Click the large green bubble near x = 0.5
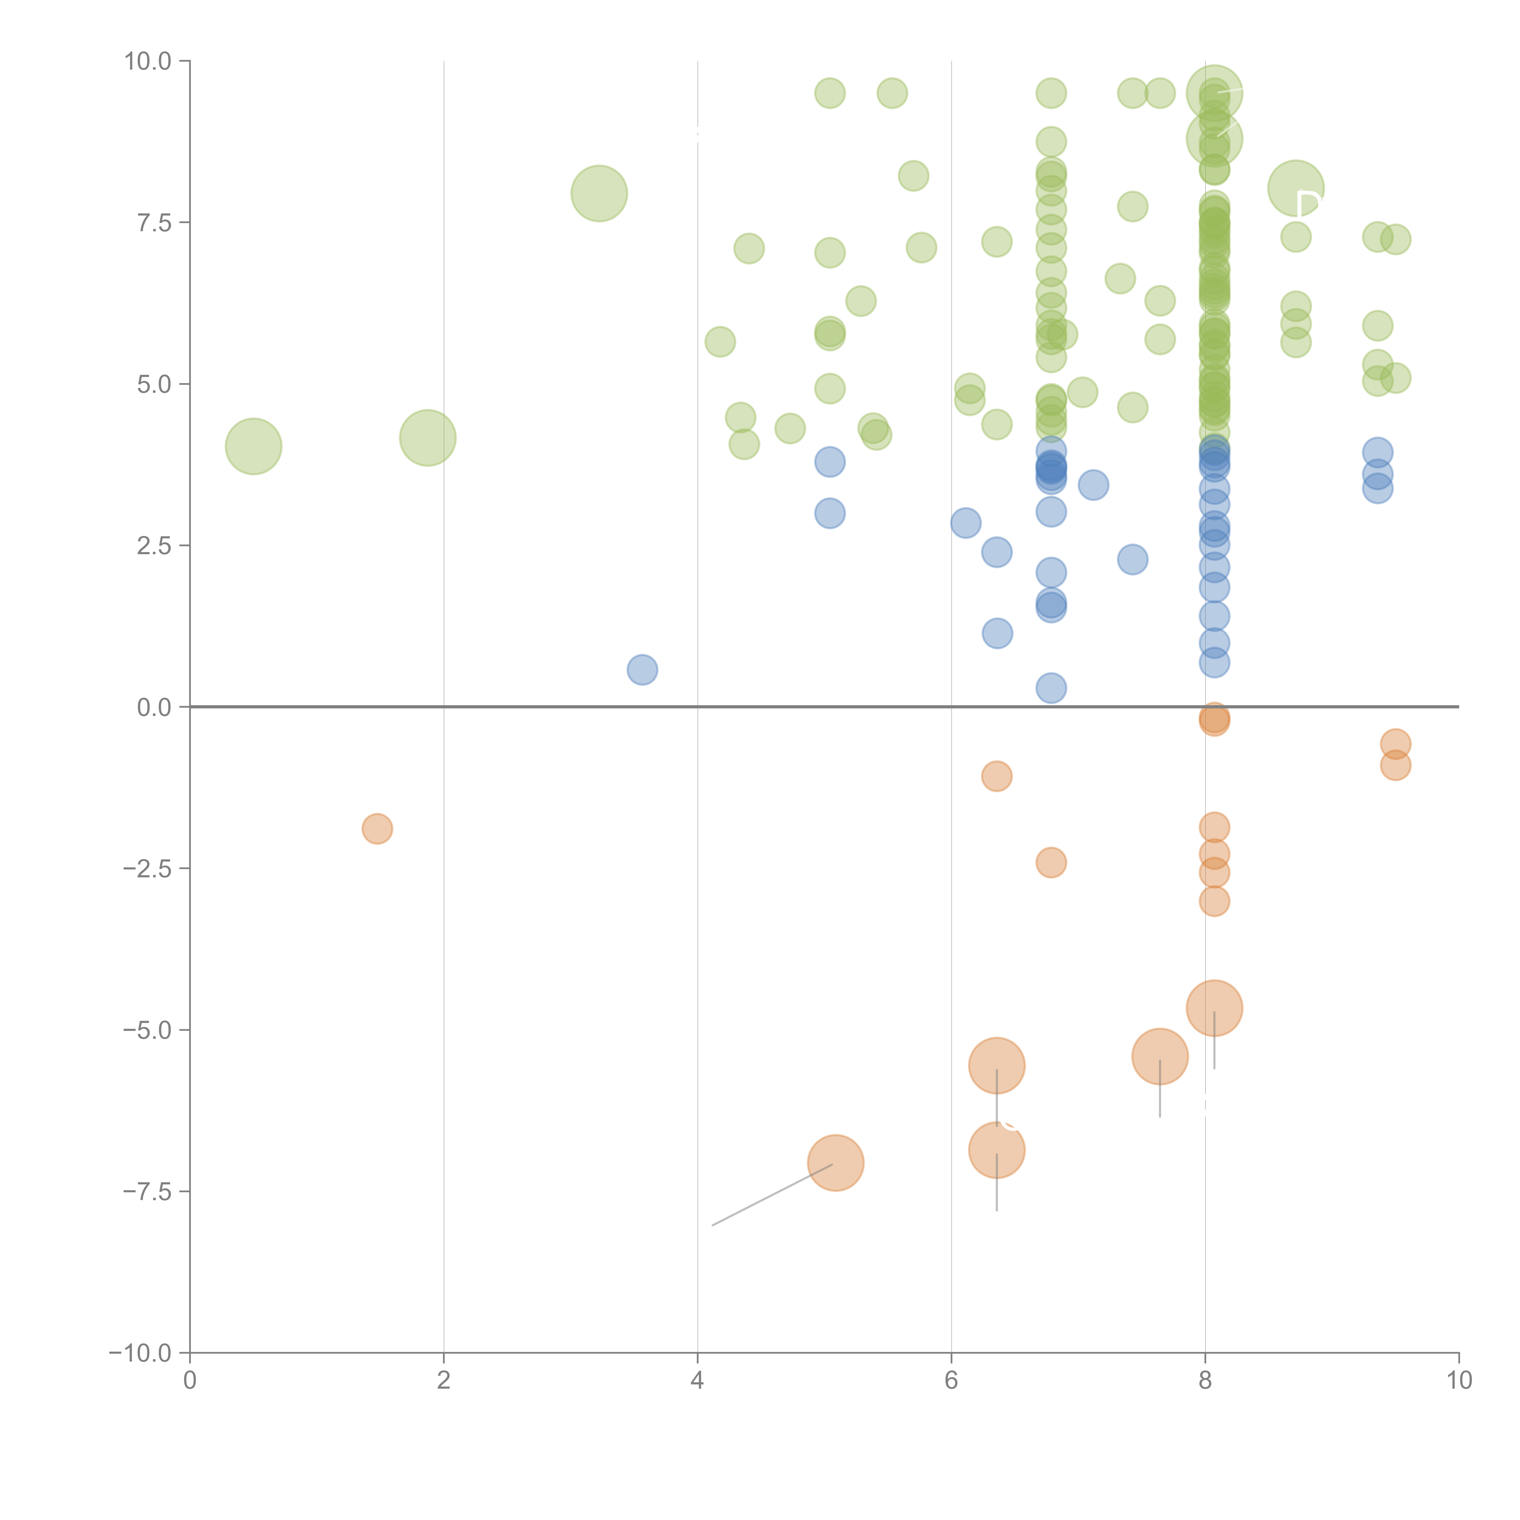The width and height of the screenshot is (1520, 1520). tap(253, 446)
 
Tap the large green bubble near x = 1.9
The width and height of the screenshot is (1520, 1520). tap(427, 437)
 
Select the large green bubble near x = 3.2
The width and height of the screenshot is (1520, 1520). tap(599, 194)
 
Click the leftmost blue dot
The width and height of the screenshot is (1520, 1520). tap(642, 669)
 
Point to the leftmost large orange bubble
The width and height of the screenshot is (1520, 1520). tap(835, 1163)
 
